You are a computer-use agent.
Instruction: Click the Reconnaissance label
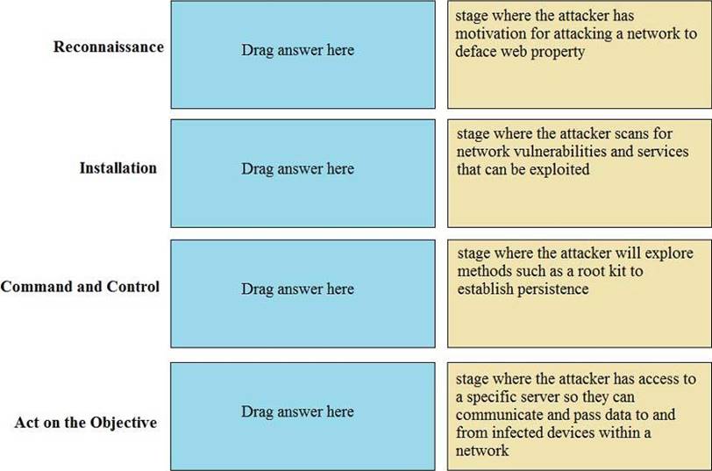(109, 46)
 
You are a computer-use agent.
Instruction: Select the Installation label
(118, 168)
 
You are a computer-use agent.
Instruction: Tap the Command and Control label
(80, 287)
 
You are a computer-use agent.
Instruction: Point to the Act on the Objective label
(85, 423)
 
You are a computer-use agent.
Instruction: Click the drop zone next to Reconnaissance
(303, 54)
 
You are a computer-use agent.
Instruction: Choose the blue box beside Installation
(303, 174)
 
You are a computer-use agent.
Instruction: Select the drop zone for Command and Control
(303, 294)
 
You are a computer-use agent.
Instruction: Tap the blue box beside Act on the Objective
(303, 417)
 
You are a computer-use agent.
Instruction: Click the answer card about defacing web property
(580, 54)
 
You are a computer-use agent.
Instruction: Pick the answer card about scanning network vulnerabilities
(580, 174)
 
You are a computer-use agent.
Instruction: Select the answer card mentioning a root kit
(580, 294)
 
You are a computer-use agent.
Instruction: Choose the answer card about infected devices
(580, 417)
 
